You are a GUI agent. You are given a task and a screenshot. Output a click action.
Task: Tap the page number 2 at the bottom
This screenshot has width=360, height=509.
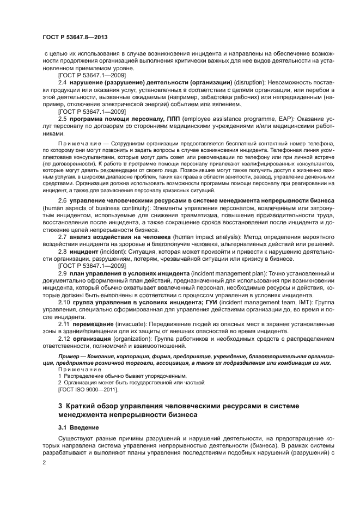pos(44,462)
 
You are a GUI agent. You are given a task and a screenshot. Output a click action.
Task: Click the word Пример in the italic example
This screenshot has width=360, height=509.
pos(67,355)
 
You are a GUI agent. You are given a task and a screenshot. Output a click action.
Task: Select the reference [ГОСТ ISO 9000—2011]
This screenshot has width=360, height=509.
pos(86,389)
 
